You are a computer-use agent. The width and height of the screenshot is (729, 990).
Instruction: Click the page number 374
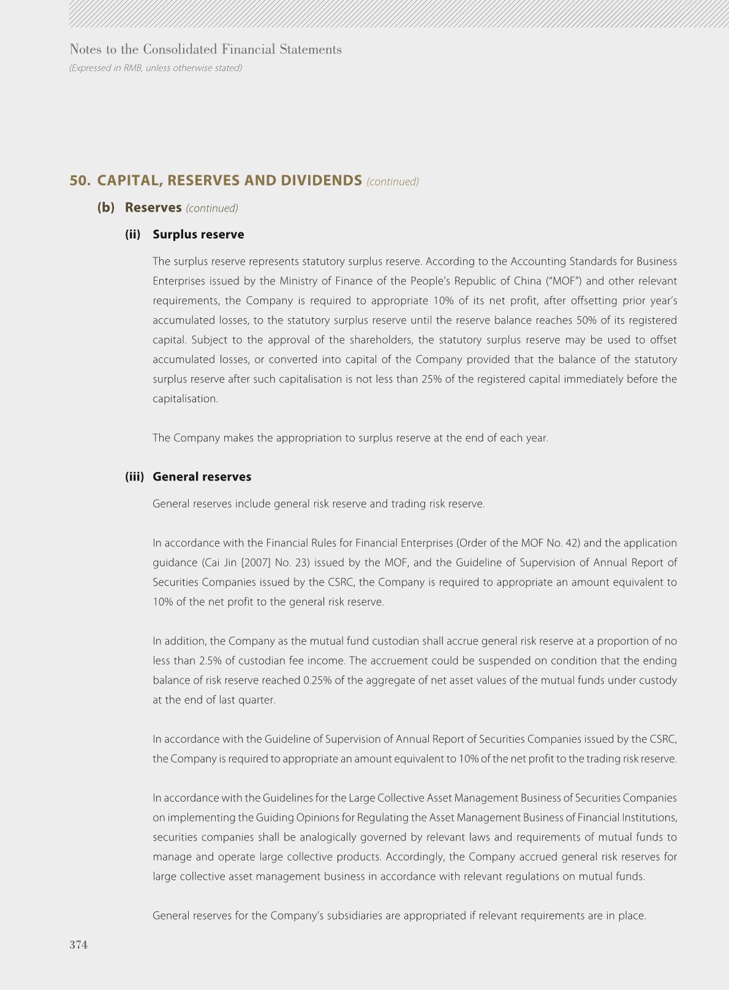[78, 945]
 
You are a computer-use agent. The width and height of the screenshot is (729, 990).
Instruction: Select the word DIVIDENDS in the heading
[321, 180]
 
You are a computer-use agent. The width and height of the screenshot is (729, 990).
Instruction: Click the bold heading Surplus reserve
[198, 234]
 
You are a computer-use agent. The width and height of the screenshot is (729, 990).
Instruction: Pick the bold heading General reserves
[202, 476]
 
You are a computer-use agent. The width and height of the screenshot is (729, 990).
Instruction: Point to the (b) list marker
[106, 207]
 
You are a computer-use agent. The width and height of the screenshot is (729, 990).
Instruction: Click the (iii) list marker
[134, 476]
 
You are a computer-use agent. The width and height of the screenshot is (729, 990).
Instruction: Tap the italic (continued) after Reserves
[212, 208]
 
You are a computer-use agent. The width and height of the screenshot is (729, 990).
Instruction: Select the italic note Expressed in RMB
[156, 68]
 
